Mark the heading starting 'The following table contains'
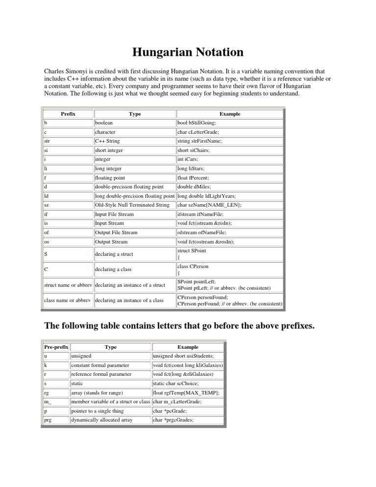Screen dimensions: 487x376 [x=179, y=326]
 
